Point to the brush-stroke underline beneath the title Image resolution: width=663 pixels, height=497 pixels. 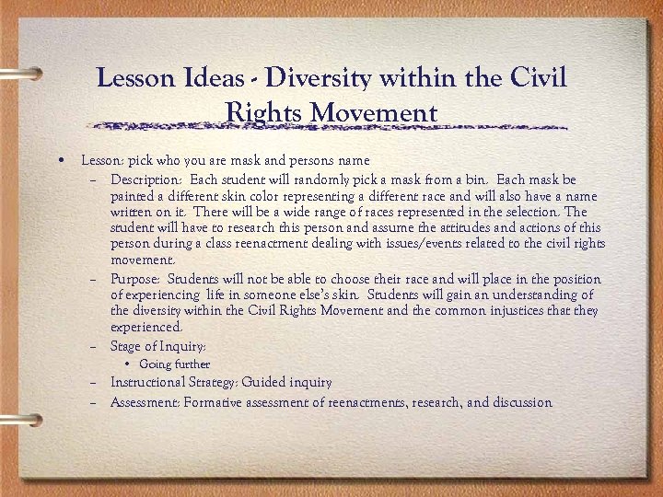click(331, 127)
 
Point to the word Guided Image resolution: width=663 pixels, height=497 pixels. click(262, 382)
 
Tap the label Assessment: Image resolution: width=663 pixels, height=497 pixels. click(145, 402)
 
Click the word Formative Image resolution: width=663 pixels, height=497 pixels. click(214, 402)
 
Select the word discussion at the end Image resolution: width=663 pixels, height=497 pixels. click(522, 402)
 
